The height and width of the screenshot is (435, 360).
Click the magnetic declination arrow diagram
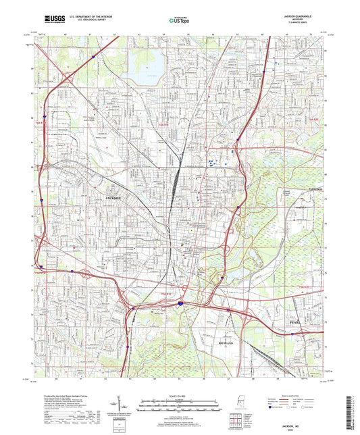point(120,410)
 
